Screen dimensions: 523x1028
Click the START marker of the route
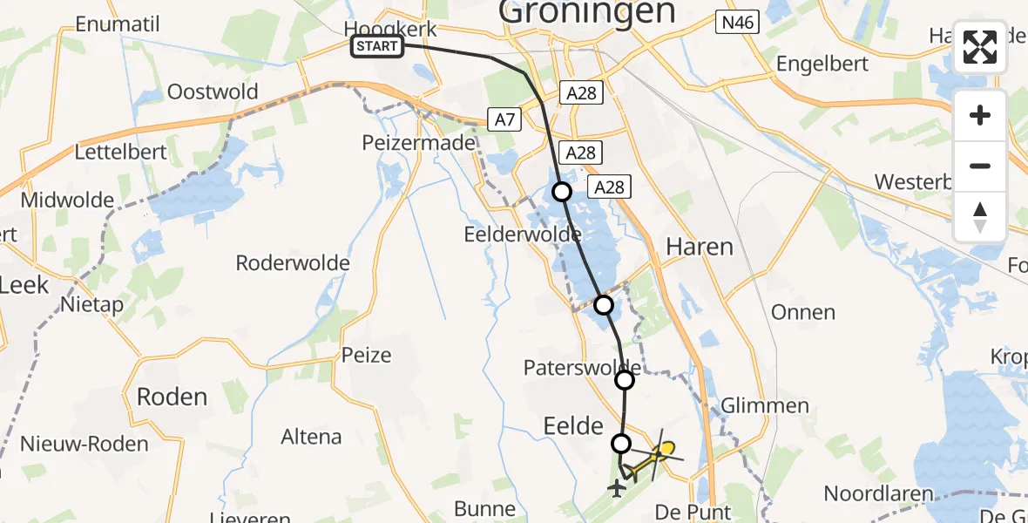(x=377, y=46)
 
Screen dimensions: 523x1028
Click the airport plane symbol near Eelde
(x=618, y=489)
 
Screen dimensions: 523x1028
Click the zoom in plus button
(x=980, y=115)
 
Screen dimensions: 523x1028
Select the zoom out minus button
(x=980, y=165)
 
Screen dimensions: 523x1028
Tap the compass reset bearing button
(x=980, y=216)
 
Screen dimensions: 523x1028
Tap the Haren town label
(x=699, y=247)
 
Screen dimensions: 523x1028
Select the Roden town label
(x=172, y=397)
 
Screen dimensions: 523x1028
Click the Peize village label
(x=367, y=356)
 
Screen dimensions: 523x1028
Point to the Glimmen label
(x=765, y=405)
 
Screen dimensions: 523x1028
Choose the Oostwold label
(x=213, y=92)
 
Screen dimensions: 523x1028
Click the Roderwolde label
(x=293, y=262)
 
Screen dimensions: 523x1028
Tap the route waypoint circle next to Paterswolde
(x=625, y=379)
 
